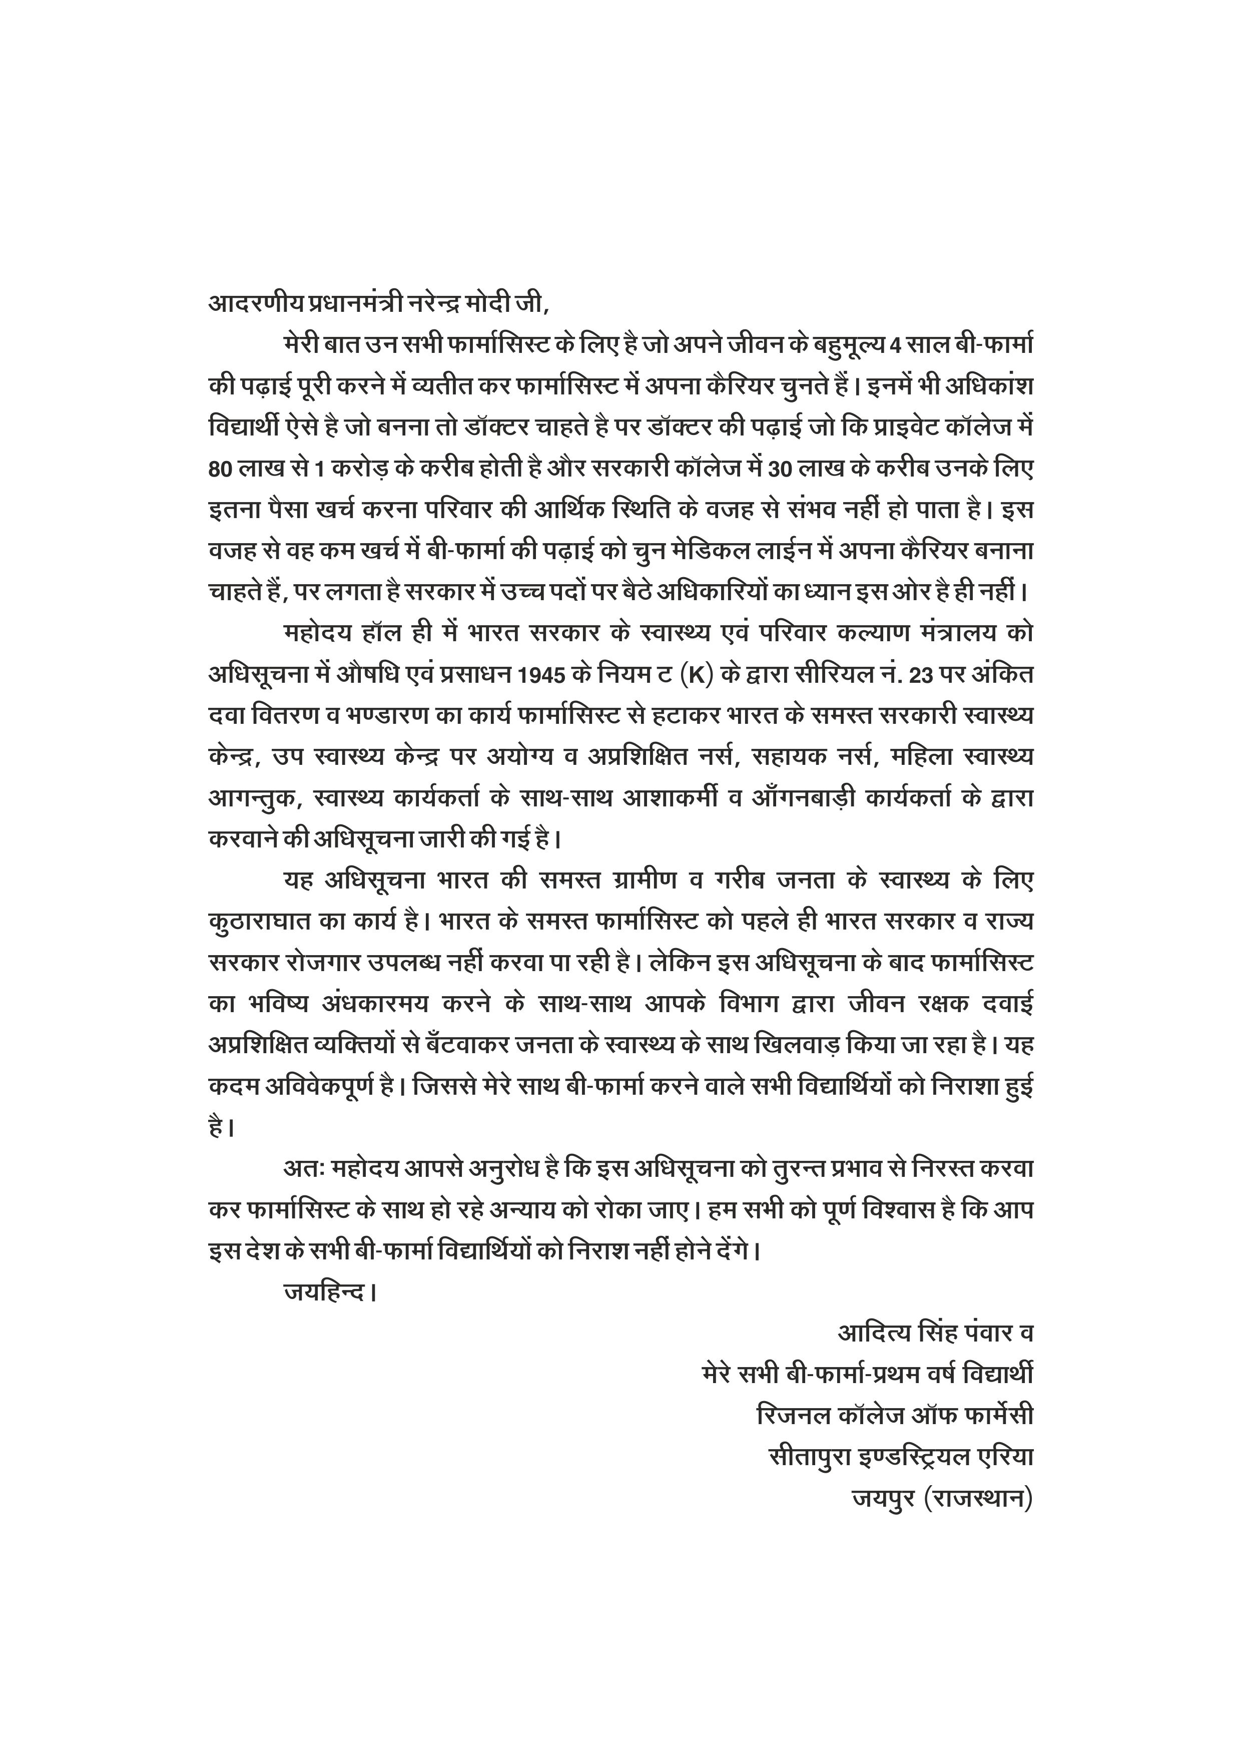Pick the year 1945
click(x=541, y=675)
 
